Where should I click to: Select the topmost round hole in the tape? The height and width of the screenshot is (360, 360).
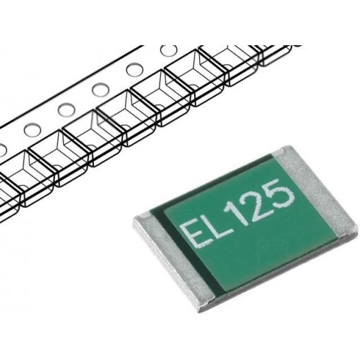click(x=168, y=52)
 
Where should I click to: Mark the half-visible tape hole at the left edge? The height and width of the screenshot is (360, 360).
click(x=2, y=148)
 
